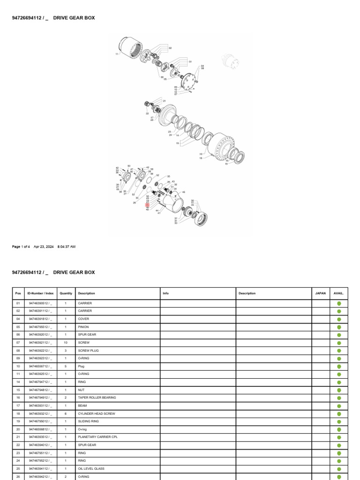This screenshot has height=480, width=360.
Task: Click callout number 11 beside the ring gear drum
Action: point(117,54)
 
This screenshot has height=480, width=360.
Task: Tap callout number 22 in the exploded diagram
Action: point(147,113)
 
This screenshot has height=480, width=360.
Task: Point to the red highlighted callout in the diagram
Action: point(148,205)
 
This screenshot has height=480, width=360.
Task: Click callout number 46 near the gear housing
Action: point(183,192)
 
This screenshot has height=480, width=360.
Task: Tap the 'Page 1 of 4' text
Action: point(21,247)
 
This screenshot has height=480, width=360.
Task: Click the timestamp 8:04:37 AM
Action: point(66,247)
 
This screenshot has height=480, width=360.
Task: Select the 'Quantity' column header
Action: point(66,293)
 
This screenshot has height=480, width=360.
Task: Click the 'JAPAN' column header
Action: point(320,293)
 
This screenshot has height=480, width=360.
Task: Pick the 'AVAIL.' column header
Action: point(338,293)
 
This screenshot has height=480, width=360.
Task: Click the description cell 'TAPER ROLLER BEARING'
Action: point(97,397)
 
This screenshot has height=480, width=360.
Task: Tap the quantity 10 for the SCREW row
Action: point(66,343)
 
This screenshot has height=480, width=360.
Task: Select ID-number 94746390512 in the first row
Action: point(40,303)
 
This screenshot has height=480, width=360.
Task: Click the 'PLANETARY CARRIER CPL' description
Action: point(98,437)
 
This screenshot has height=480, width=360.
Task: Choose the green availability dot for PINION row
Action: point(339,327)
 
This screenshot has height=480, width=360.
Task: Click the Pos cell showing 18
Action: point(18,413)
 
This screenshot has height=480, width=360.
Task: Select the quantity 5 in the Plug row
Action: point(66,366)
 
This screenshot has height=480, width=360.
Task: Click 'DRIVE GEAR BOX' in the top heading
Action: point(74,18)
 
